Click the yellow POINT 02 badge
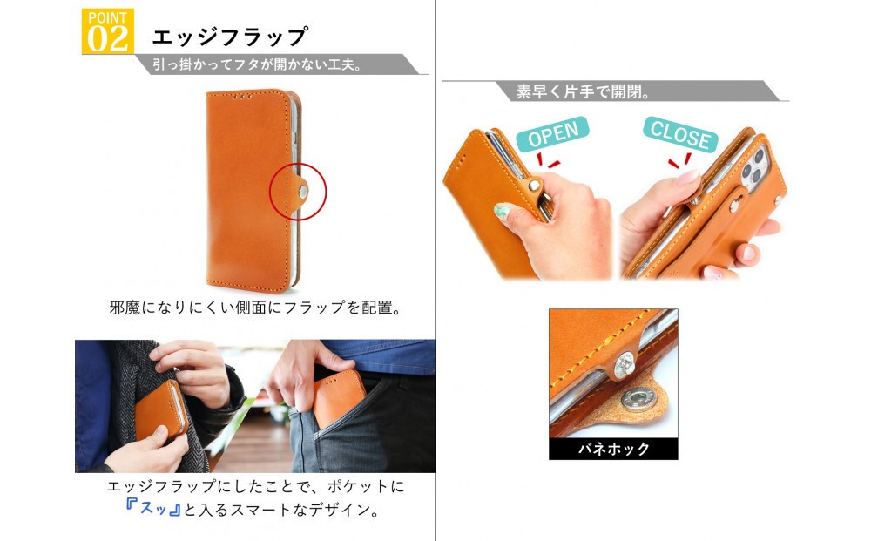tap(107, 31)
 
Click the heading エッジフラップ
tap(229, 37)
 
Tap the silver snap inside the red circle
tap(303, 192)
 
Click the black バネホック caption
tap(613, 449)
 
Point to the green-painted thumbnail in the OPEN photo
tap(502, 211)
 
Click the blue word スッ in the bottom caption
tap(153, 508)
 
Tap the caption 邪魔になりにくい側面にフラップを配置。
tap(255, 308)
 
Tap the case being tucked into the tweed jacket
tap(161, 410)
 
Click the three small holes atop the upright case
tap(243, 96)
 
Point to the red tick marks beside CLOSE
tap(681, 161)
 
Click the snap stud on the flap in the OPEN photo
tap(534, 186)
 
